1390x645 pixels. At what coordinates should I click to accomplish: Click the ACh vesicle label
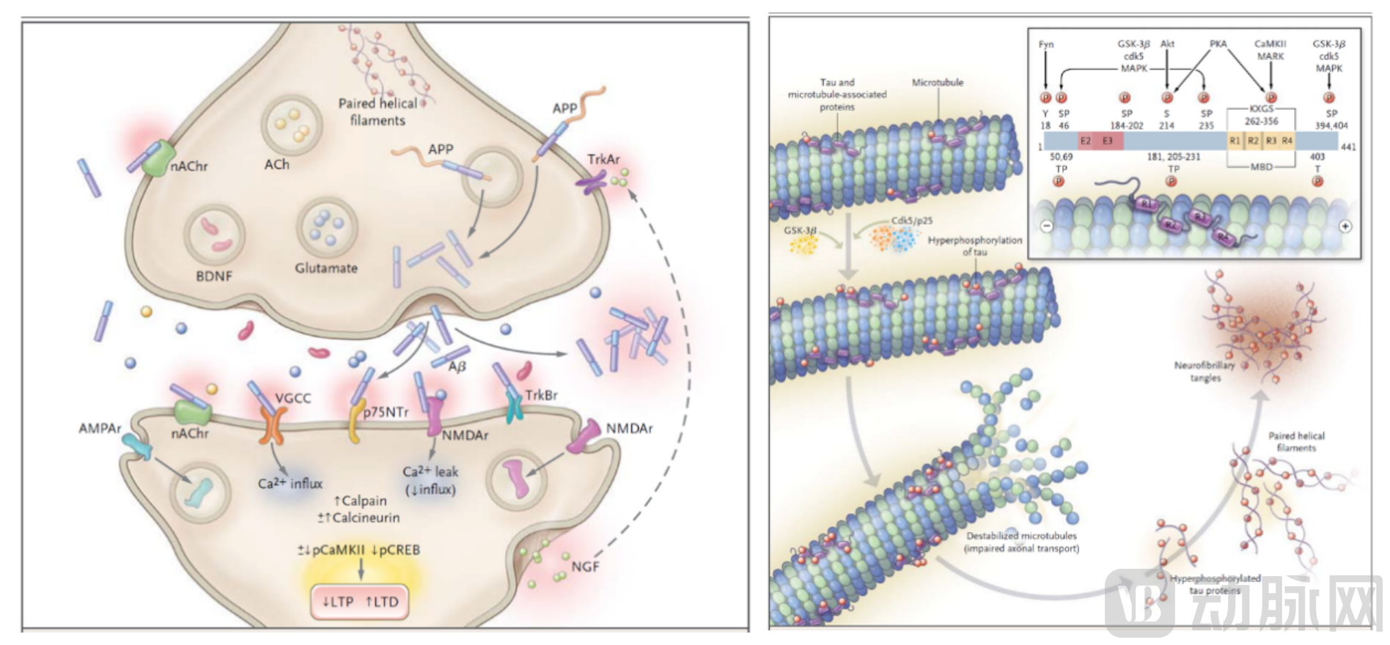tap(276, 165)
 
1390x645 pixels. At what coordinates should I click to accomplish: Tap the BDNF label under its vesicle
tap(214, 276)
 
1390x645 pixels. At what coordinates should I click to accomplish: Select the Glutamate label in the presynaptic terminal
tap(326, 268)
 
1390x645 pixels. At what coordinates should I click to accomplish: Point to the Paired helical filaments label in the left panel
tap(378, 112)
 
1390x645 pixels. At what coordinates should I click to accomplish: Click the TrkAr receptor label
tap(603, 159)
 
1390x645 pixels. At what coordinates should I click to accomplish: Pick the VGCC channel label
tap(293, 398)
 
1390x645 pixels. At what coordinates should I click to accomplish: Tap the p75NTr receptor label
tap(386, 412)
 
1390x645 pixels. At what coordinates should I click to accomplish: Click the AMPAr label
tap(100, 428)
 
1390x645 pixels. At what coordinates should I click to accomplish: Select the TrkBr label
tap(541, 395)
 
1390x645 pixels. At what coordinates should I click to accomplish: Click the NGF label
tap(585, 567)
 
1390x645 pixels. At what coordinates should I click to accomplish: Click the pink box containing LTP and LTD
tap(360, 602)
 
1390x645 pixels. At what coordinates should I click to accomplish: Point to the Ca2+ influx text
tap(290, 484)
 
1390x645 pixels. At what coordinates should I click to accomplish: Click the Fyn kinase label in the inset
tap(1046, 45)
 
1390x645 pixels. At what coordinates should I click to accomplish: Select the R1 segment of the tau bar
tap(1235, 141)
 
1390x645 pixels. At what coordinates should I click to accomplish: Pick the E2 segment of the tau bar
tap(1086, 141)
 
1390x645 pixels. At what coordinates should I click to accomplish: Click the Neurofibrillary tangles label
tap(1205, 371)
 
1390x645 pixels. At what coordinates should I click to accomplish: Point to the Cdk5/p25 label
tap(912, 221)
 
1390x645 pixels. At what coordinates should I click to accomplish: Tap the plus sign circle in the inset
tap(1345, 226)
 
